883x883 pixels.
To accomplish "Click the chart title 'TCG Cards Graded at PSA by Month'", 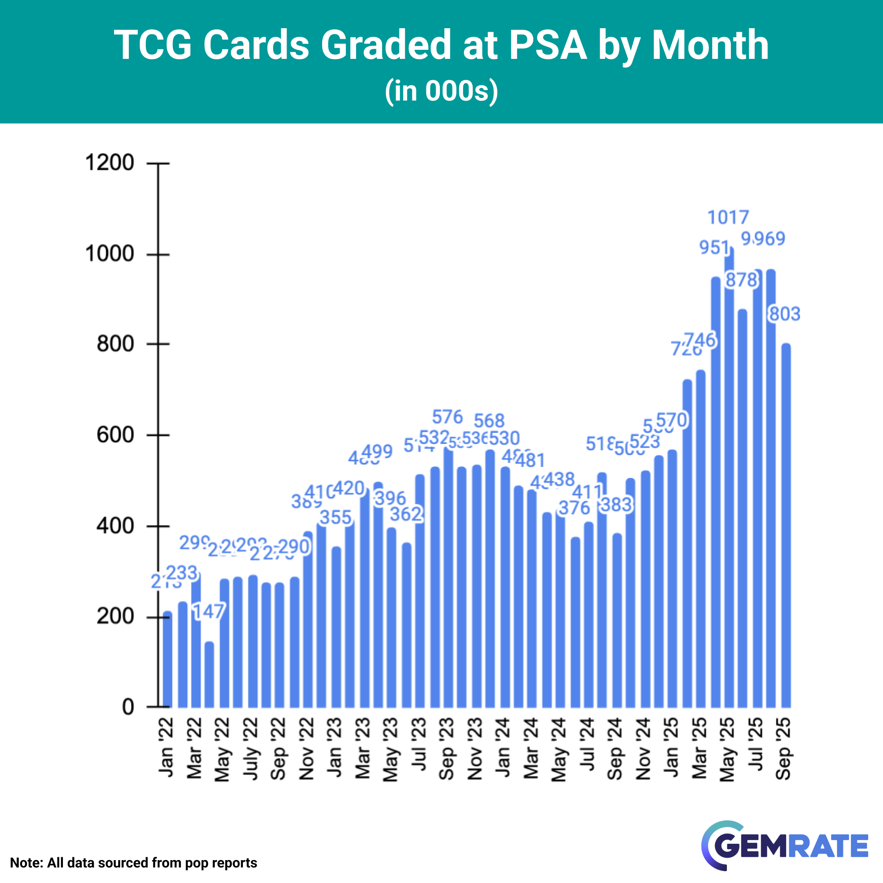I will (x=441, y=45).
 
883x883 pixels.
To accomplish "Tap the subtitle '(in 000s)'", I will (x=441, y=91).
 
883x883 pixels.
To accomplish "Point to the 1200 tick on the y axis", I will (x=110, y=163).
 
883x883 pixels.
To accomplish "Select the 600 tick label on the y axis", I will (x=115, y=435).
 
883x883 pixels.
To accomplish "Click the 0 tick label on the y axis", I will (x=128, y=707).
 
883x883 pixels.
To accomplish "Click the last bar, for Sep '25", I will (x=786, y=526).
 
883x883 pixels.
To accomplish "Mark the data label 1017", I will (x=728, y=217).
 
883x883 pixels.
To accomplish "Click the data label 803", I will (x=785, y=314).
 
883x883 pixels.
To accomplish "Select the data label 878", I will (x=741, y=280).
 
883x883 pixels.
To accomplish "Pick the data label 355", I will (x=336, y=518).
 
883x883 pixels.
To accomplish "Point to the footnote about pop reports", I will (x=133, y=863).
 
